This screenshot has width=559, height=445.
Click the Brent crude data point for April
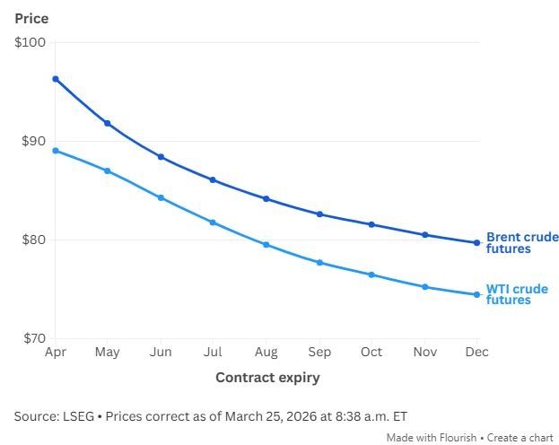point(56,79)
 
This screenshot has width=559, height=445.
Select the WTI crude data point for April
point(56,151)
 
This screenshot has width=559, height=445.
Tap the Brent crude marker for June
point(161,157)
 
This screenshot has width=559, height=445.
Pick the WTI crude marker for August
point(266,245)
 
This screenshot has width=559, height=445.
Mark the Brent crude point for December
point(476,242)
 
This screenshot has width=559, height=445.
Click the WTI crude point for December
point(476,294)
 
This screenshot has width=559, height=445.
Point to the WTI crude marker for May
point(108,170)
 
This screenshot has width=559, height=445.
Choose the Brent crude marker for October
point(371,224)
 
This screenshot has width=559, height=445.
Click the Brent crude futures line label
point(522,243)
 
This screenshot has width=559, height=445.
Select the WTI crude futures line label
point(517,294)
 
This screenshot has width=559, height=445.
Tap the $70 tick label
point(32,338)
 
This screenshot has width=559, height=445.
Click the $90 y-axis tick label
point(32,141)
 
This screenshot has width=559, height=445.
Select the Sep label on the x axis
point(319,352)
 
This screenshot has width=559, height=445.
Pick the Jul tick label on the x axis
point(213,352)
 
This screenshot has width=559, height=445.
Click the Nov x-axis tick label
point(424,352)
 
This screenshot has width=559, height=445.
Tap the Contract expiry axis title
point(267,378)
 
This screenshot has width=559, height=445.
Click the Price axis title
point(31,18)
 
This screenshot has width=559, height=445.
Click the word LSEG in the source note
point(80,416)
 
